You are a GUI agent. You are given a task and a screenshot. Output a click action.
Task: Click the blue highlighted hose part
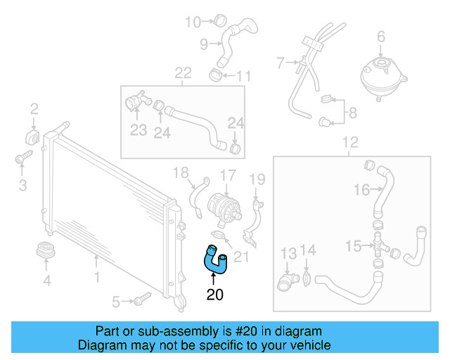pyautogui.click(x=213, y=258)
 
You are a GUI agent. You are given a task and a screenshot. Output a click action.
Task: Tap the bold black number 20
pyautogui.click(x=215, y=295)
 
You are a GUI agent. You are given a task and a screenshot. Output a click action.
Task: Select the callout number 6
pyautogui.click(x=381, y=36)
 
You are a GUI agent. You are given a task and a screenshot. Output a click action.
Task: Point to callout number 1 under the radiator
pyautogui.click(x=97, y=261)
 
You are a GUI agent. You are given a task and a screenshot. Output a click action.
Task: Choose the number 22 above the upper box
pyautogui.click(x=183, y=72)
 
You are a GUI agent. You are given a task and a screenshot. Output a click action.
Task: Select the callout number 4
pyautogui.click(x=46, y=282)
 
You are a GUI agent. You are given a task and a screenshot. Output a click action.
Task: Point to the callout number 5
pyautogui.click(x=116, y=302)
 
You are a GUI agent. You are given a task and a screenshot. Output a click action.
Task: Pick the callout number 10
pyautogui.click(x=193, y=22)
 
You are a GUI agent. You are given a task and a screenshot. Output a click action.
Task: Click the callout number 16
pyautogui.click(x=361, y=189)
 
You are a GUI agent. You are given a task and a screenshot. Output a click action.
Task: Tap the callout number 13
pyautogui.click(x=289, y=252)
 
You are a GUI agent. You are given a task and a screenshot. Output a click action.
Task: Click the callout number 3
pyautogui.click(x=22, y=186)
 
